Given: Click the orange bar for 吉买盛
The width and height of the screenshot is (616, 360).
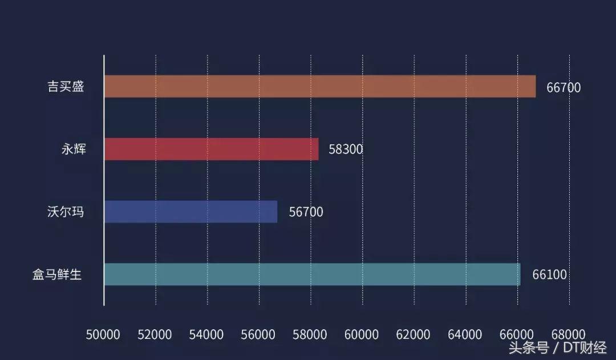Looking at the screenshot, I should point(319,86).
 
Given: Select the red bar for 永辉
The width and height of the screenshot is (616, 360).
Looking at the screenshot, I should point(211,149).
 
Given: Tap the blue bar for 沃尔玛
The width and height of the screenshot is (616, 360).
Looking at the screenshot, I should point(191,212).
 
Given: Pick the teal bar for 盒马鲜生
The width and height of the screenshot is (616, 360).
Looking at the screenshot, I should point(312,274).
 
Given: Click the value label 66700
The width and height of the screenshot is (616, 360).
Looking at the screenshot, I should point(564,88).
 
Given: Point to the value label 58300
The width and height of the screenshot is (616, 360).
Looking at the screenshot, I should point(346,150).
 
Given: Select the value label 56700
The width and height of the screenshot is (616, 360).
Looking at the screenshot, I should point(306,212).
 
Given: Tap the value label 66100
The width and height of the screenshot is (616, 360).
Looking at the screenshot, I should point(550,275).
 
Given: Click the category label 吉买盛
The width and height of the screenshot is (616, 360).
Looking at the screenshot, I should point(66,87).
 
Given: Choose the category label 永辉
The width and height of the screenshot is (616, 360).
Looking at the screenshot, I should point(74,149).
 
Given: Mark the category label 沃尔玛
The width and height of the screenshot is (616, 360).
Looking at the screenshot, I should point(66,212).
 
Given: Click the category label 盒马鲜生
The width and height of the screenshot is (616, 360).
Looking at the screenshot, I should point(57,275).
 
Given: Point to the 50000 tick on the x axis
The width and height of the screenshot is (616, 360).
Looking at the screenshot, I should point(103,334).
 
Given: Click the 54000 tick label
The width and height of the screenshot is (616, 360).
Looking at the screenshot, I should point(206,334).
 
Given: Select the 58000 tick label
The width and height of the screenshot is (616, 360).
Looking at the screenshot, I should point(310,334).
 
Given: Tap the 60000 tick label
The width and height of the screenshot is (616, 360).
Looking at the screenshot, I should point(362,334).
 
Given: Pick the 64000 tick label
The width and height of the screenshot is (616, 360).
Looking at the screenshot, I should point(465,334).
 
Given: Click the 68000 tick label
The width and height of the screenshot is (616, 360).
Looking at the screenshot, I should point(569,334).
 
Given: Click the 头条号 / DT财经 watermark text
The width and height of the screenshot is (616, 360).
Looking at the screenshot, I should point(558,348).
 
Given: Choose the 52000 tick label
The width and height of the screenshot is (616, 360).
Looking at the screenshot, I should point(155,334).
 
